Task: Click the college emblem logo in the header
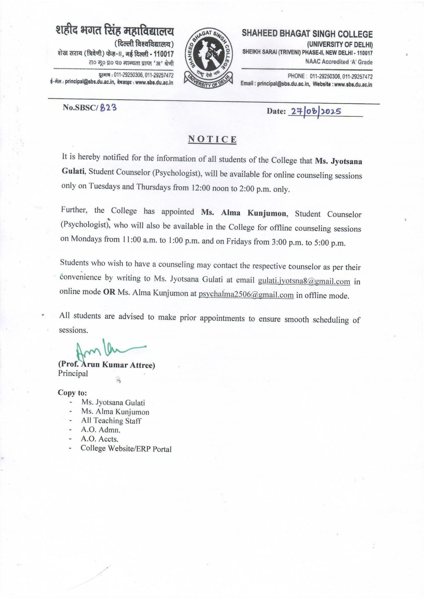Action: (x=208, y=58)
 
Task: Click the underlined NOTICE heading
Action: (x=212, y=140)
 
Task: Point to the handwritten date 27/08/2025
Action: (x=315, y=112)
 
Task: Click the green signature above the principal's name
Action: (x=108, y=350)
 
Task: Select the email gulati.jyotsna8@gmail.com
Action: (x=304, y=281)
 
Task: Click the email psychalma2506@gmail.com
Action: (x=246, y=295)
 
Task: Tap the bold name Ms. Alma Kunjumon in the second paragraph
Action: (x=244, y=213)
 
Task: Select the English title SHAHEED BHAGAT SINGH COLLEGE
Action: (x=307, y=34)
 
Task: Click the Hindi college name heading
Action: (x=115, y=32)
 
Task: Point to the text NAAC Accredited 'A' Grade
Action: (x=339, y=62)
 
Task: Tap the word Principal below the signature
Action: (x=73, y=373)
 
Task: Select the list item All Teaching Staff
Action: (x=111, y=421)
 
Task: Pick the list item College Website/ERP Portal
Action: (x=126, y=449)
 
